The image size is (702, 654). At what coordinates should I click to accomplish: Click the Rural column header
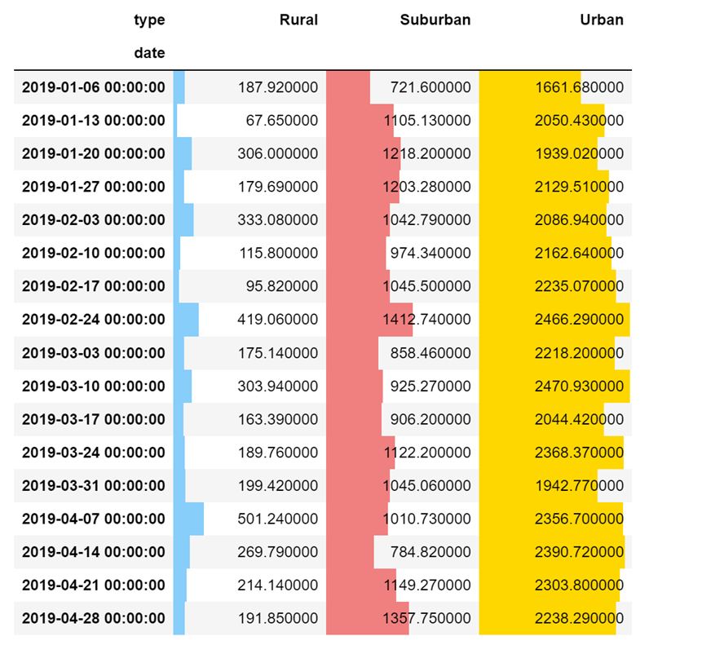click(x=298, y=20)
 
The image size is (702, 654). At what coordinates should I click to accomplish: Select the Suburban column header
click(x=435, y=20)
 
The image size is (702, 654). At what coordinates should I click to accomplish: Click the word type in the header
click(x=149, y=20)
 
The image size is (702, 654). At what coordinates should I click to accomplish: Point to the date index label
click(x=149, y=53)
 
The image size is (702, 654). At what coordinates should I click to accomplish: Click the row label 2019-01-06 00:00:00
click(x=93, y=87)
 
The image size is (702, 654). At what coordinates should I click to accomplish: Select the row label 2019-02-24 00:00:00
click(x=93, y=320)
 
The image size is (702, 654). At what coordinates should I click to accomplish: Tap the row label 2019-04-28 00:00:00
click(x=93, y=618)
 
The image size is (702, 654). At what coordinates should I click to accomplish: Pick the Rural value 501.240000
click(x=278, y=519)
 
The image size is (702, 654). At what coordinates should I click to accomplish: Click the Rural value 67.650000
click(x=282, y=121)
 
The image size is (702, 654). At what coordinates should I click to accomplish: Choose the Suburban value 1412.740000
click(x=426, y=320)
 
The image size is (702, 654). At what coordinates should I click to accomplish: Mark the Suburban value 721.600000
click(x=430, y=87)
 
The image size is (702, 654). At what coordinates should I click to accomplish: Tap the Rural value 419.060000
click(x=278, y=320)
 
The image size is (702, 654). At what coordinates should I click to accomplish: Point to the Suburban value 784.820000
click(x=430, y=551)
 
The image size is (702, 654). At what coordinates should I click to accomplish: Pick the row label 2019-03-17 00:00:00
click(x=93, y=419)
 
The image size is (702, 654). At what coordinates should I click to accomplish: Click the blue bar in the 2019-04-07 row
click(x=188, y=519)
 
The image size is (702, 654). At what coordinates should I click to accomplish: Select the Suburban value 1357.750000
click(x=426, y=618)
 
